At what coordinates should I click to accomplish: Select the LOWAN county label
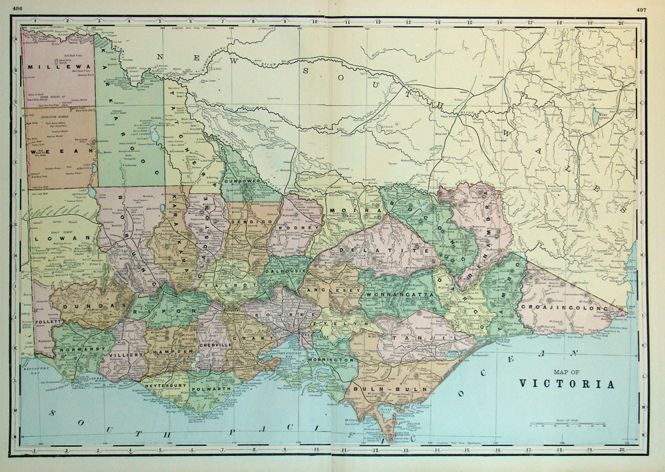[x=53, y=236]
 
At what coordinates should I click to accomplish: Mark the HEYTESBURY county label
[x=162, y=385]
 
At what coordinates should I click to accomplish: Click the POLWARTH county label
[x=210, y=385]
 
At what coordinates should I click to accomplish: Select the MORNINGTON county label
[x=331, y=360]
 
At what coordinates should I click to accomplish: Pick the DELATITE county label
[x=370, y=251]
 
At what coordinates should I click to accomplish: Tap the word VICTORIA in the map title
[x=567, y=384]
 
